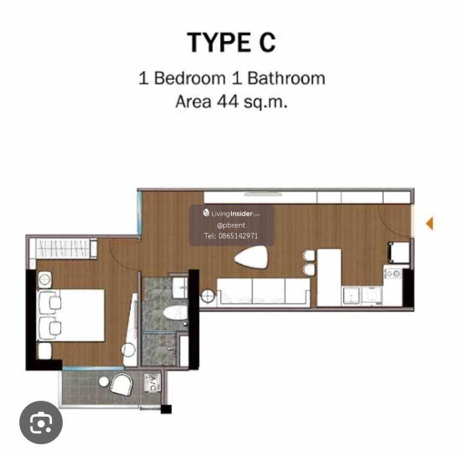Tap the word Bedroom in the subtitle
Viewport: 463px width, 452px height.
(190, 78)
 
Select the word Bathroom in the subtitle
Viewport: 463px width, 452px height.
(286, 78)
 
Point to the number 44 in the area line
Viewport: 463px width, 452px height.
(227, 102)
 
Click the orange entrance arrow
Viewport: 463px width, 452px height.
(430, 223)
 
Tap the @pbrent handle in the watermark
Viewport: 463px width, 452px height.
(231, 225)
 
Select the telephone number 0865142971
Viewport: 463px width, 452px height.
(238, 236)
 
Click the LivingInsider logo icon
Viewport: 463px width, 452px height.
(206, 213)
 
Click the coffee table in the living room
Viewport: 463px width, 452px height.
(251, 258)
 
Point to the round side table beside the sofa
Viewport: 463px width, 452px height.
(208, 296)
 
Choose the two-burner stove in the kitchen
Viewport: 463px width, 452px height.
(393, 274)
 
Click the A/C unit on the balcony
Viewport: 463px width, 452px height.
(152, 383)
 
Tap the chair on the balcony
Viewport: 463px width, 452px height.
(122, 384)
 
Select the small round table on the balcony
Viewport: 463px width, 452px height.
(104, 382)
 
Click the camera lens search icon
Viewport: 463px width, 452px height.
(41, 423)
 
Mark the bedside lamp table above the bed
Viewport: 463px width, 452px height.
(45, 280)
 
